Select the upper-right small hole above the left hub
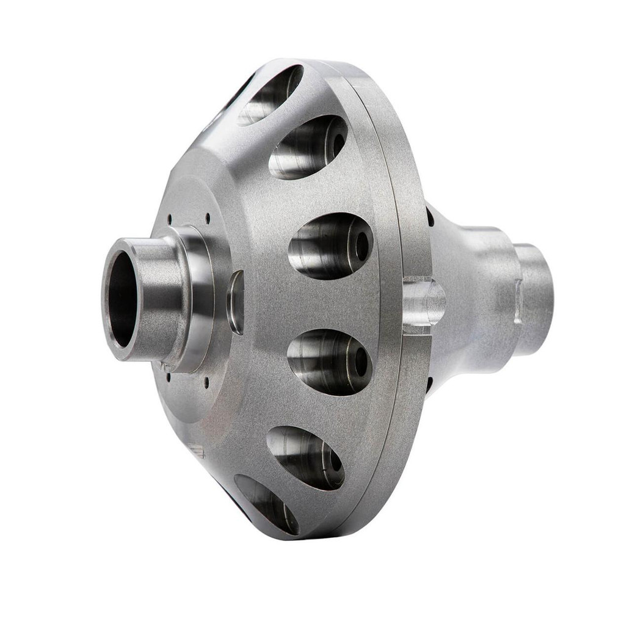208,215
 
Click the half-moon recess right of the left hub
236,302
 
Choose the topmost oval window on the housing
271,95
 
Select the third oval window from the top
330,245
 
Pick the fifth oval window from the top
305,457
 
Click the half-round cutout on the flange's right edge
424,302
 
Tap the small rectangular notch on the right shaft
518,302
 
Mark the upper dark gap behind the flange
430,216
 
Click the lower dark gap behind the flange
430,385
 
